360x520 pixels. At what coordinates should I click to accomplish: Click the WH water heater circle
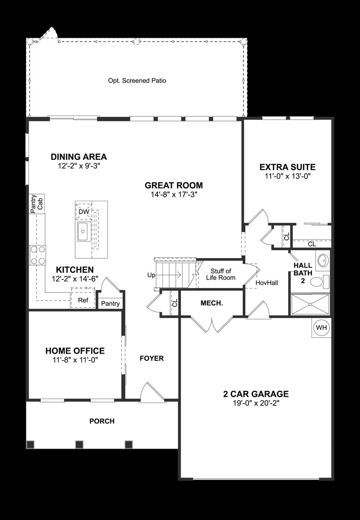tap(321, 328)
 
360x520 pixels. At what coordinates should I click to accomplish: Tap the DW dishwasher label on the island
tap(84, 212)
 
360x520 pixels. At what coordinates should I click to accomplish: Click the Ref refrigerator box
tap(83, 300)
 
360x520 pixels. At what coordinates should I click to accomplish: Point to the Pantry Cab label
tap(37, 204)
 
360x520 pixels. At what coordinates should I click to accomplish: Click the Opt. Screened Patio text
tap(137, 81)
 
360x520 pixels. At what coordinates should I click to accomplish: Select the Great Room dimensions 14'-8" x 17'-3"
tap(174, 194)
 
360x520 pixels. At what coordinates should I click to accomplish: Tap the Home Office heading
tap(75, 351)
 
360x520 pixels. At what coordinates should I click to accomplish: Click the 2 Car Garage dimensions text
tap(256, 403)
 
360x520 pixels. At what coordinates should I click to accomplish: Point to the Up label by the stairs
tap(151, 275)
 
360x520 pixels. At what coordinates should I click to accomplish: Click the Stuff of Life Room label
tap(221, 274)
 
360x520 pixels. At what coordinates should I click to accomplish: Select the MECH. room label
tap(212, 303)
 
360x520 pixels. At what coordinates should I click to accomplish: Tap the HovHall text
tap(266, 283)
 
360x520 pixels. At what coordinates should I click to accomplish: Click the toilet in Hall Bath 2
tap(319, 282)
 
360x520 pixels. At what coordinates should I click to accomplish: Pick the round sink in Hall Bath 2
tap(322, 261)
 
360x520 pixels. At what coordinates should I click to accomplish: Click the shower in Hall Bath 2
tap(310, 304)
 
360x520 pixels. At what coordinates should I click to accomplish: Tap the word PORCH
tap(102, 421)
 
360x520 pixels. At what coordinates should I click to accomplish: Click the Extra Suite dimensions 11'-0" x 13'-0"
tap(288, 176)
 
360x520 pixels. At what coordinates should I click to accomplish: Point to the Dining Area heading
tap(79, 157)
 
